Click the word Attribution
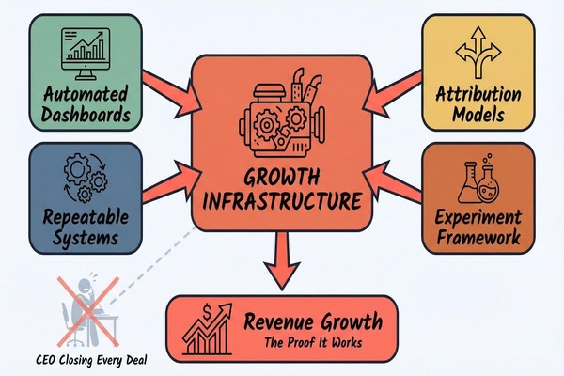[x=479, y=95]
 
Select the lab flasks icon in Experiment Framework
[x=480, y=181]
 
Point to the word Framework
[x=479, y=238]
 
